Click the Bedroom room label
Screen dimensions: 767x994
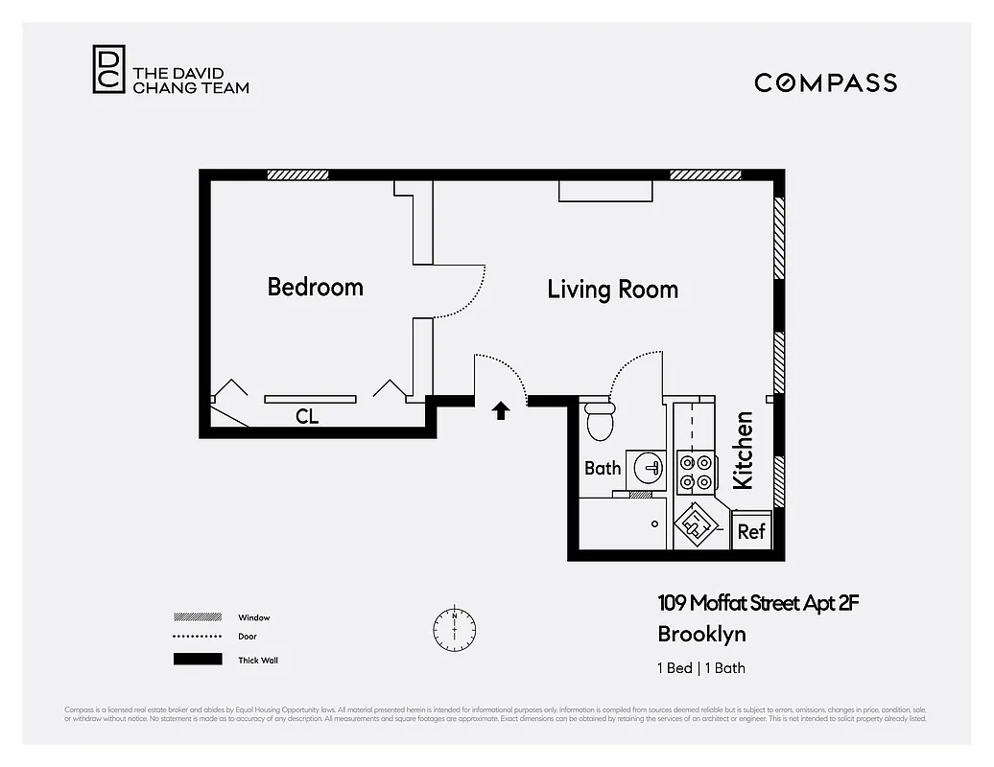coord(315,287)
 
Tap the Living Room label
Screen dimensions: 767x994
coord(612,290)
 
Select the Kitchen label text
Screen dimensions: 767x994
coord(744,451)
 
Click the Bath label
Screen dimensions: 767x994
coord(603,469)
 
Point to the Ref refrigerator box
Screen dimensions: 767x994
coord(751,531)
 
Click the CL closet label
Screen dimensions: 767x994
coord(307,417)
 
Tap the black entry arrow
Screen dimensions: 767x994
coord(500,410)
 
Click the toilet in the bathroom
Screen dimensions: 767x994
coord(600,421)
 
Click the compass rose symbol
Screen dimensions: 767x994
coord(454,627)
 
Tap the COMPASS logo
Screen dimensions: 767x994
coord(825,82)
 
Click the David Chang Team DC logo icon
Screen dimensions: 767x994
coord(108,70)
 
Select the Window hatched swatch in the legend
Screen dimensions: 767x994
coord(197,617)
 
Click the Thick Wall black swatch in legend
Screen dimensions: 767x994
coord(197,660)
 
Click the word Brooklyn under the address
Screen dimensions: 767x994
coord(701,634)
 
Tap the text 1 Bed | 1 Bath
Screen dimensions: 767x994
coord(701,668)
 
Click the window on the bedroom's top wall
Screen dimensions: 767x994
coord(297,175)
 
